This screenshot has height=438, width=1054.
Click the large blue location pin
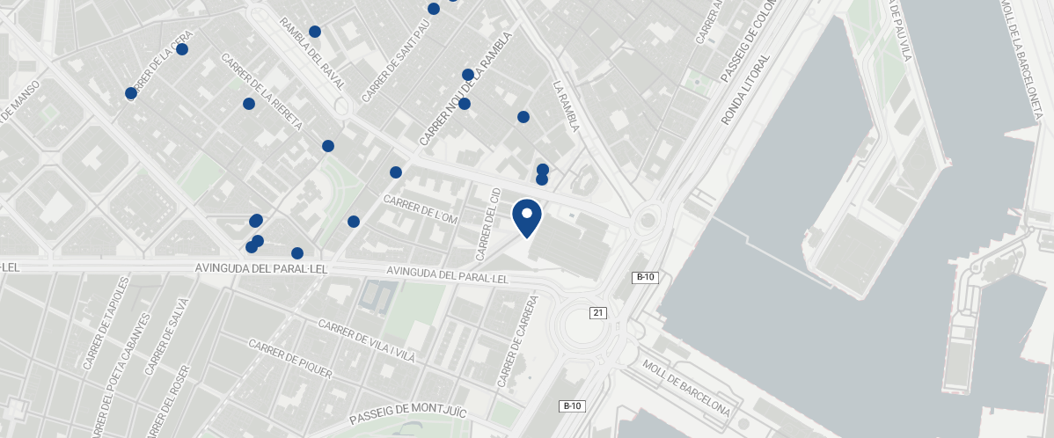coord(526,218)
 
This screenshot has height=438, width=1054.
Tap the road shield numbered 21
coord(598,313)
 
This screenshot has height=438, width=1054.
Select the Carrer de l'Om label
coord(421,209)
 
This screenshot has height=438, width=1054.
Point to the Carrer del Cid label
coord(487,229)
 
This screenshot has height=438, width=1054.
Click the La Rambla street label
coord(566,107)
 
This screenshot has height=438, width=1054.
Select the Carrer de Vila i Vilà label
coord(366,340)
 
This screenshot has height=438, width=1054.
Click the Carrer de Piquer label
coord(289,360)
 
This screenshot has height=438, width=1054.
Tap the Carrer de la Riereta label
coord(261,92)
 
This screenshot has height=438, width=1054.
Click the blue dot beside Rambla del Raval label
coord(315,32)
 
